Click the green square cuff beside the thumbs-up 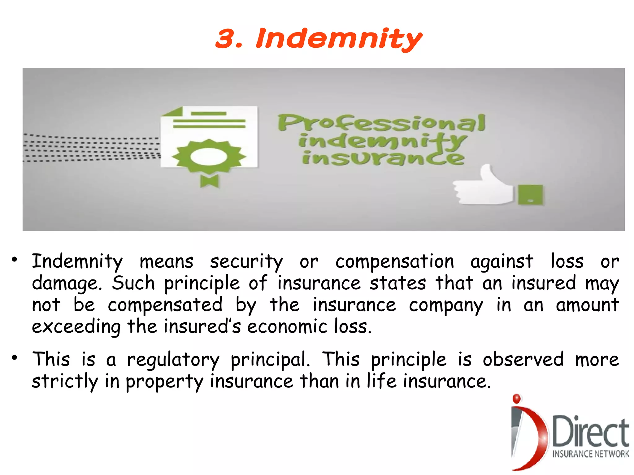(530, 194)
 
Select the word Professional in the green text (381, 123)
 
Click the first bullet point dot (15, 260)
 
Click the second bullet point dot (15, 358)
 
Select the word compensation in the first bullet (395, 262)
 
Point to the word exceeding (76, 327)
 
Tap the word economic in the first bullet (287, 327)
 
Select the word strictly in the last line (65, 381)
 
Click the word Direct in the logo (591, 431)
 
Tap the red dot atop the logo (516, 399)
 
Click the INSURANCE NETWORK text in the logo (591, 454)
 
